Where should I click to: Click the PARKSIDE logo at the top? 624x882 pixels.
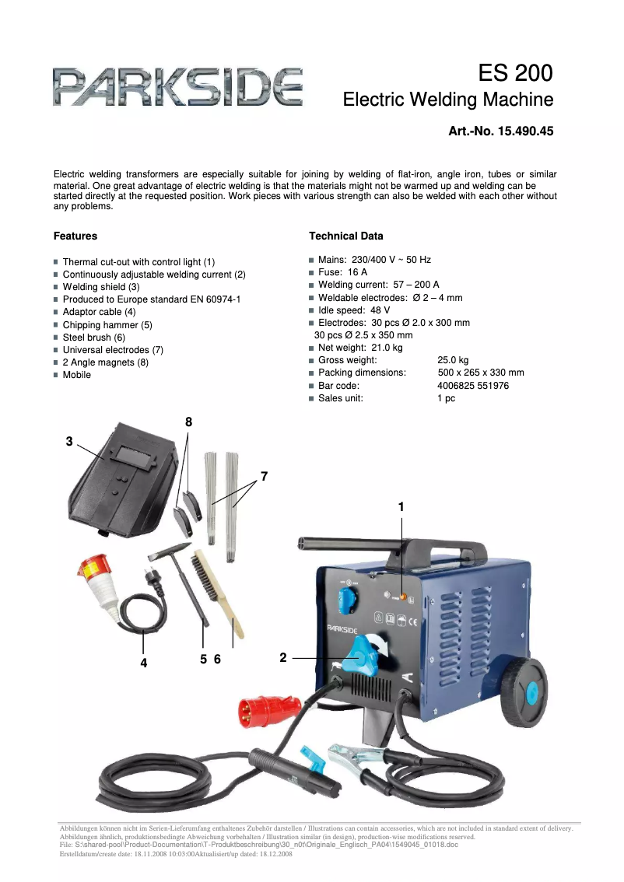click(177, 87)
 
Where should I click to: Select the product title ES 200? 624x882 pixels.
click(515, 73)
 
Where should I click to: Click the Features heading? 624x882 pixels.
click(75, 236)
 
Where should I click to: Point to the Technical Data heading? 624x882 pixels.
click(346, 236)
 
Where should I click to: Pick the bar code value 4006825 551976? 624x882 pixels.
click(473, 386)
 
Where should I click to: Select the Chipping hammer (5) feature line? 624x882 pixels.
click(107, 325)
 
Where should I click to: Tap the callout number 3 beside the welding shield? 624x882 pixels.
click(69, 441)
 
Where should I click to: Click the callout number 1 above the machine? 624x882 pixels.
click(401, 506)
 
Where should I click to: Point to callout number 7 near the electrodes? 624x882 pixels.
click(264, 475)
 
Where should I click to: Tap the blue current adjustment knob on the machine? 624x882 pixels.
click(363, 656)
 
